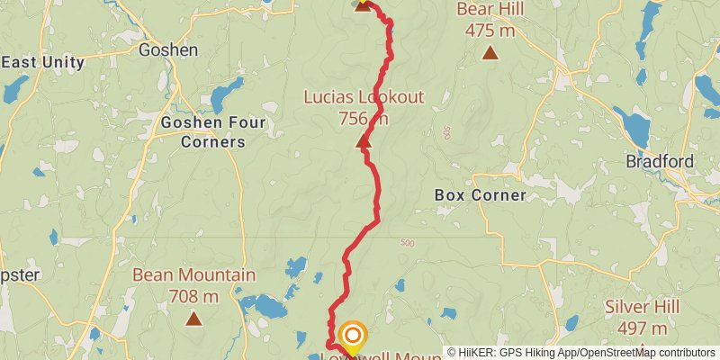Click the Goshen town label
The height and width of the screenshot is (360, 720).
(168, 50)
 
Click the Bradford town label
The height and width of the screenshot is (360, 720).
(661, 162)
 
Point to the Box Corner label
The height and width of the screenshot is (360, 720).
(480, 194)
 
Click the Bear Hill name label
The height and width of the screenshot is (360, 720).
(490, 10)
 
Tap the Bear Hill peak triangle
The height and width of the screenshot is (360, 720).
(490, 52)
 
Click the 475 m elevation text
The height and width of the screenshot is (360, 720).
(490, 30)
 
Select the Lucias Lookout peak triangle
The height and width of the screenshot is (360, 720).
(364, 141)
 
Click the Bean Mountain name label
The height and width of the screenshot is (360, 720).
(193, 275)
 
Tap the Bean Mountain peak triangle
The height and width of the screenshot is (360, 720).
(193, 318)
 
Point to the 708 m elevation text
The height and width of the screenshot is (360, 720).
(193, 295)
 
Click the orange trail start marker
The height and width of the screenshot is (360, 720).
(353, 337)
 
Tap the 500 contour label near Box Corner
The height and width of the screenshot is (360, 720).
(408, 243)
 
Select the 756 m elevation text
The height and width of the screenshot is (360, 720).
(364, 118)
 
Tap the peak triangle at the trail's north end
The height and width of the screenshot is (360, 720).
(362, 4)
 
